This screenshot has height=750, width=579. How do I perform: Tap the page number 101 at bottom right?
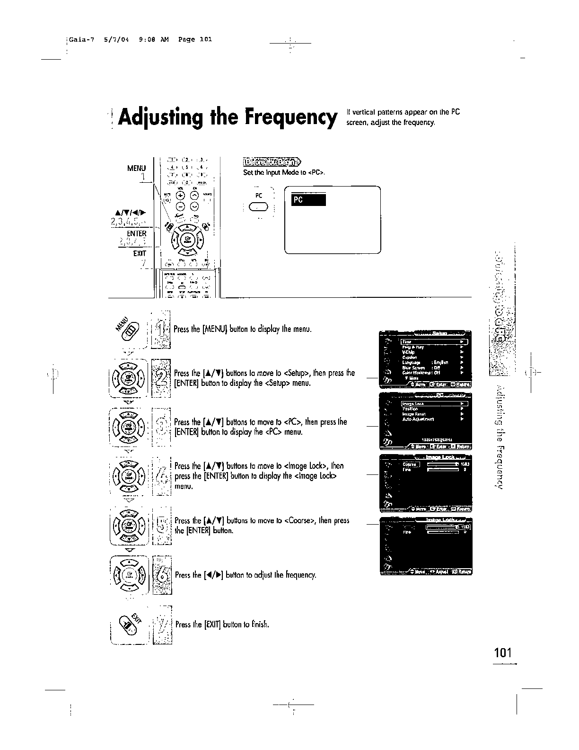[x=503, y=653]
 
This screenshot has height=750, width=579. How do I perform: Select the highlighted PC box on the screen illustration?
[x=308, y=200]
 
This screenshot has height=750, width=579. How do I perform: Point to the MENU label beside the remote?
[x=137, y=168]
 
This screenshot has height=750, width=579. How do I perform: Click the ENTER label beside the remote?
[x=137, y=233]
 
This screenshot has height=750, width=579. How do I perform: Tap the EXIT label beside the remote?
[x=140, y=253]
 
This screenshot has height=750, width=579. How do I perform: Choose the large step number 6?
[x=163, y=574]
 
